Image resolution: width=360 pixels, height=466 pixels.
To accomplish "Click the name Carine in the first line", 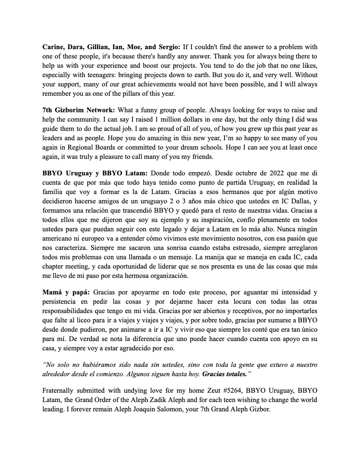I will pyautogui.click(x=53, y=47).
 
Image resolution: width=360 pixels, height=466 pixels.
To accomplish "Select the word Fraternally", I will pyautogui.click(x=60, y=390).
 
